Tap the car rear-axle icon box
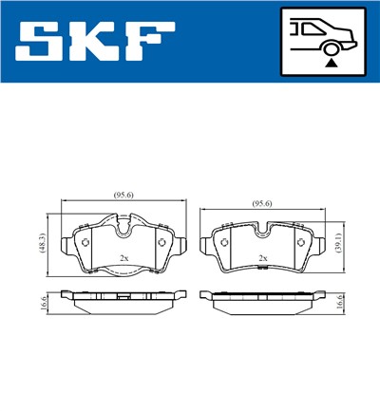(324, 43)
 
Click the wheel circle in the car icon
(330, 47)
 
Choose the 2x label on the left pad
(123, 258)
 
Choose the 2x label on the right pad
(263, 258)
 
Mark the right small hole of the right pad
(302, 243)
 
